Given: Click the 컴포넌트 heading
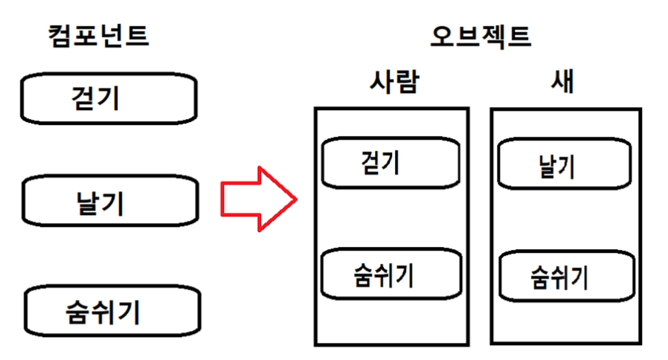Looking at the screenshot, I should [98, 36].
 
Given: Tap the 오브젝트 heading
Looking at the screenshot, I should [481, 36].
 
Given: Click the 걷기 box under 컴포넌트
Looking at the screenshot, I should [109, 98].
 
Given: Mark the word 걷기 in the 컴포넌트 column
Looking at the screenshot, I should [95, 98].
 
